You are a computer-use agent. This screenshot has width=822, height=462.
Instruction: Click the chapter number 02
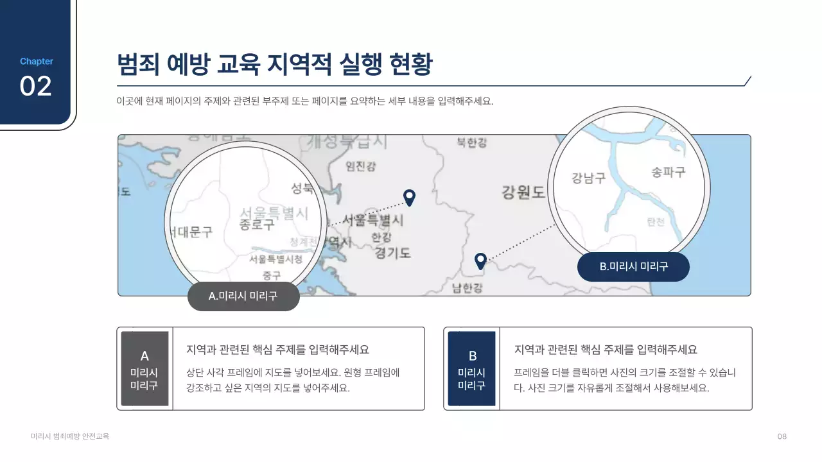pyautogui.click(x=36, y=87)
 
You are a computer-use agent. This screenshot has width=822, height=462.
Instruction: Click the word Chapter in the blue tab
pyautogui.click(x=37, y=62)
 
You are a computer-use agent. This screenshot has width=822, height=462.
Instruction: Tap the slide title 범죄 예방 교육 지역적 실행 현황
pyautogui.click(x=274, y=65)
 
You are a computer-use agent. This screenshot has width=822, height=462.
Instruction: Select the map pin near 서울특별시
pyautogui.click(x=409, y=197)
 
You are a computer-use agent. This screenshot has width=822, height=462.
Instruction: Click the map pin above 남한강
pyautogui.click(x=480, y=261)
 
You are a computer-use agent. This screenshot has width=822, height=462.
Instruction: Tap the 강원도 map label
pyautogui.click(x=523, y=191)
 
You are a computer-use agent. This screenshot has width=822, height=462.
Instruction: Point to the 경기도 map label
pyautogui.click(x=392, y=253)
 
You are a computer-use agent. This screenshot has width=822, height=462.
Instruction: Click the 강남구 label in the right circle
pyautogui.click(x=589, y=178)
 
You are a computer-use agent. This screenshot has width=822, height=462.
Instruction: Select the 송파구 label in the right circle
pyautogui.click(x=669, y=172)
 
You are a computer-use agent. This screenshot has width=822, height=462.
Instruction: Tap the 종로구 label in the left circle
pyautogui.click(x=257, y=224)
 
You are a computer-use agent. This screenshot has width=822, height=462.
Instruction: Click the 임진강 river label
pyautogui.click(x=361, y=166)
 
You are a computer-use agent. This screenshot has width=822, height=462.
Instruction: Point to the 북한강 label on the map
pyautogui.click(x=471, y=142)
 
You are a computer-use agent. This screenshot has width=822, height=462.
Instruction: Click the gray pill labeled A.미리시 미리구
pyautogui.click(x=243, y=296)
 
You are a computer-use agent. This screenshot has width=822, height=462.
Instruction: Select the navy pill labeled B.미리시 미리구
pyautogui.click(x=633, y=266)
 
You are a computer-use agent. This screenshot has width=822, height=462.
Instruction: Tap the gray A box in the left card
pyautogui.click(x=144, y=369)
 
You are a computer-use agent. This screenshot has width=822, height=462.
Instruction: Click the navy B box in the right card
pyautogui.click(x=471, y=369)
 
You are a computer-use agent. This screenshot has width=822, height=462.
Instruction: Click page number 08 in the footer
pyautogui.click(x=782, y=436)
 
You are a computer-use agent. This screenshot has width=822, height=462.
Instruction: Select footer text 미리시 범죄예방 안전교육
pyautogui.click(x=70, y=436)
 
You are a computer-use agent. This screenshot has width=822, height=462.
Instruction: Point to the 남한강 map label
pyautogui.click(x=467, y=287)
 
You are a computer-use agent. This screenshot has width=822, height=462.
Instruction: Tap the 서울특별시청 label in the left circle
pyautogui.click(x=275, y=259)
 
